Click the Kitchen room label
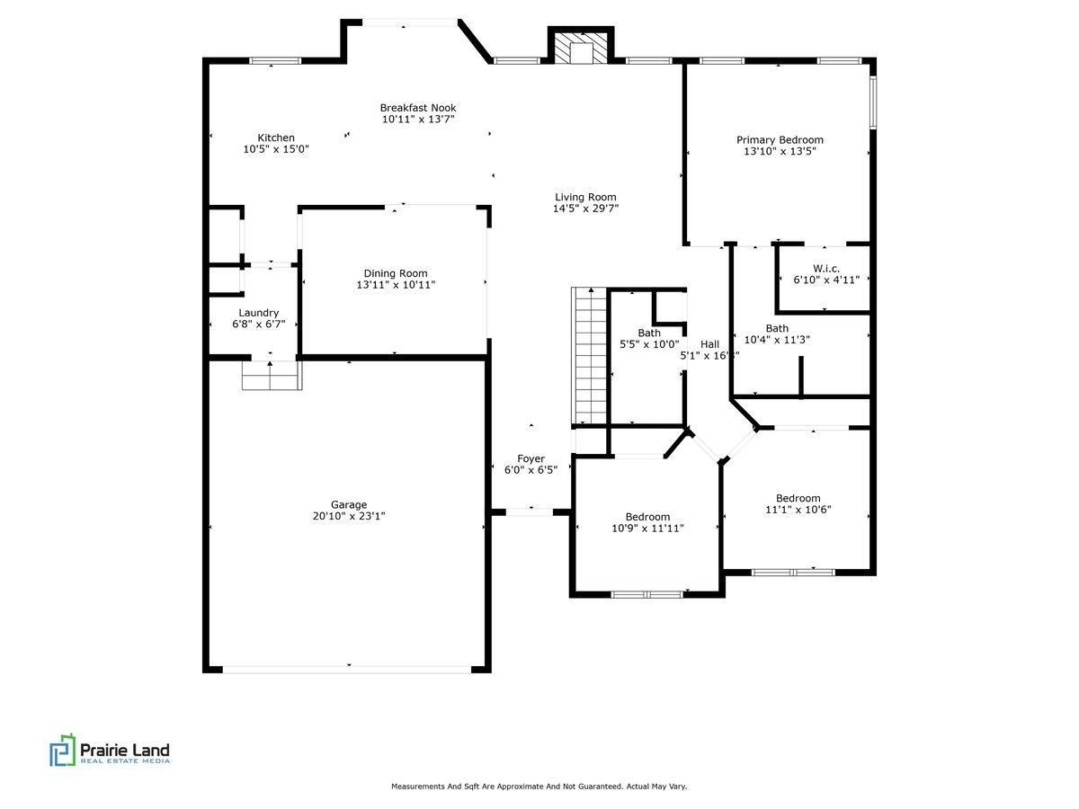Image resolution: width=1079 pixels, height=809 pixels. click(276, 138)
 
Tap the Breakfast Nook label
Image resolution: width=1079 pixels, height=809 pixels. click(418, 107)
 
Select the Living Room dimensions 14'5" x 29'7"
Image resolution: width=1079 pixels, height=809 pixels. click(585, 209)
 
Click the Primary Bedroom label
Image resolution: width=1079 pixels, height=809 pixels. click(780, 139)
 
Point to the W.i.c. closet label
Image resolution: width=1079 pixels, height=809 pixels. click(826, 268)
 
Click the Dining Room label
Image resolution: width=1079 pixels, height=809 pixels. click(396, 273)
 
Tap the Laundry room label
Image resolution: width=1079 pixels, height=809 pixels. click(258, 313)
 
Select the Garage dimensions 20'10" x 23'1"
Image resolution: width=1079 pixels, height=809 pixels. click(348, 516)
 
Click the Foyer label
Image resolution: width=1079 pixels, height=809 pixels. click(531, 458)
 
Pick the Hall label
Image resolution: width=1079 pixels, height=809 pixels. click(709, 344)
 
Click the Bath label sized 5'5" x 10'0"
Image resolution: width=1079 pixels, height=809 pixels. click(649, 333)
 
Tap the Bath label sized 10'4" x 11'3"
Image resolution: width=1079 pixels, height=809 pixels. click(777, 328)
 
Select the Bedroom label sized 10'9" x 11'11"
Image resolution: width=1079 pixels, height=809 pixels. click(647, 517)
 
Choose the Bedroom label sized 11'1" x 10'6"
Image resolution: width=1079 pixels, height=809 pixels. click(798, 498)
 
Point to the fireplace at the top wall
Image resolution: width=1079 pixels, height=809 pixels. click(581, 50)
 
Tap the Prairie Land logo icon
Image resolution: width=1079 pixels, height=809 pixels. click(61, 751)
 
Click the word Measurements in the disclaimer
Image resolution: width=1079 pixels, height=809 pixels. click(419, 787)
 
